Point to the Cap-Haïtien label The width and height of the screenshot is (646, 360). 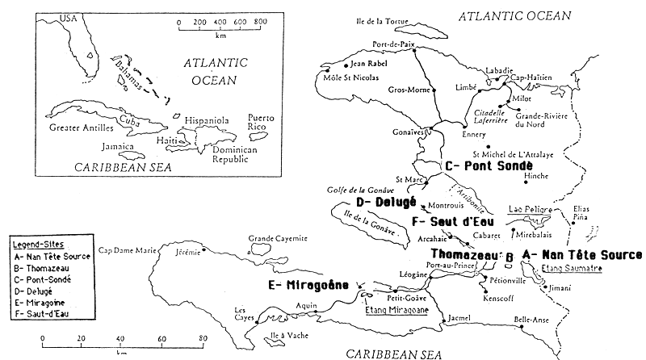pyautogui.click(x=536, y=77)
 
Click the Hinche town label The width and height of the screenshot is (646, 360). pyautogui.click(x=536, y=174)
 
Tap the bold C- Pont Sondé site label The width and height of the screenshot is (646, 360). pyautogui.click(x=493, y=165)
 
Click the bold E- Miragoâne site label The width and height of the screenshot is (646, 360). pyautogui.click(x=311, y=285)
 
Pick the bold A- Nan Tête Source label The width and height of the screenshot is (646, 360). pyautogui.click(x=582, y=255)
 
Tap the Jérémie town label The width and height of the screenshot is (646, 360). pyautogui.click(x=187, y=251)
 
